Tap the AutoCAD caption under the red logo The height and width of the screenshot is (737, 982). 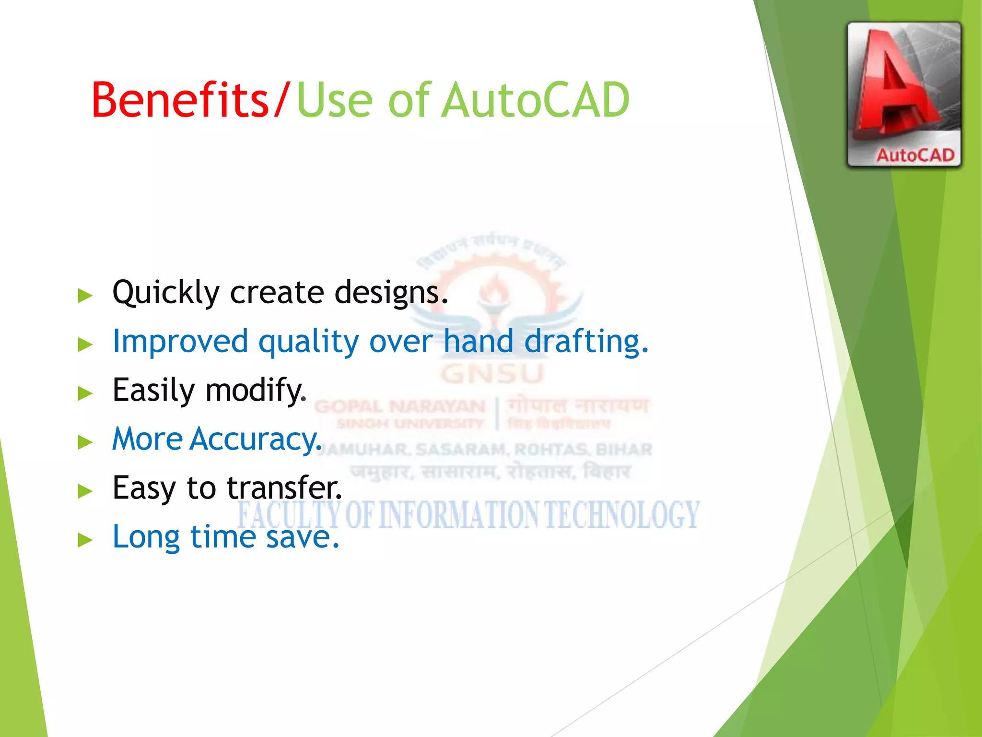click(915, 155)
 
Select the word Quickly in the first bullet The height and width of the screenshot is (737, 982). click(165, 293)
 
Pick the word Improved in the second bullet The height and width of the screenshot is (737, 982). click(180, 341)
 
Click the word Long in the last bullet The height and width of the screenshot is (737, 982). click(146, 537)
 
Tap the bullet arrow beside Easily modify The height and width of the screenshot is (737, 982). click(85, 393)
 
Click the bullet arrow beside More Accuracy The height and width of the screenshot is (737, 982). click(85, 442)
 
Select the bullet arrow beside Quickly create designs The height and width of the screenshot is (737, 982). click(85, 296)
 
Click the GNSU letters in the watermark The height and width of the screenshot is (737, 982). click(492, 374)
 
